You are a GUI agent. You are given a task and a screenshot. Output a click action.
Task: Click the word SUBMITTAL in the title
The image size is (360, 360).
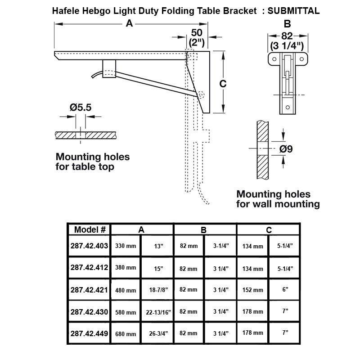point(294,11)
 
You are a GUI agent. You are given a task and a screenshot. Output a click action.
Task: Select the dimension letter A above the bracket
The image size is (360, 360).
point(130,24)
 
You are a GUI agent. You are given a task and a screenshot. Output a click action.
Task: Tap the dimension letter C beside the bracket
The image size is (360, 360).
point(222,84)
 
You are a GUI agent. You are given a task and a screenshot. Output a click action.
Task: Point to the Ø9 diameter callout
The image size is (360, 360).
point(286,148)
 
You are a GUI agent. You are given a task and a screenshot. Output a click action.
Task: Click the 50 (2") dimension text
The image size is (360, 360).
point(197,38)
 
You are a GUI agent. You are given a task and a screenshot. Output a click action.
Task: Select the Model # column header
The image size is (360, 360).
point(90,229)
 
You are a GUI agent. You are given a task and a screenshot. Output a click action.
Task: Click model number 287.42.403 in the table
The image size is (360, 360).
point(90,246)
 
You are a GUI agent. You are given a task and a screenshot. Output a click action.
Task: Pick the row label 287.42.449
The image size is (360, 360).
point(90,333)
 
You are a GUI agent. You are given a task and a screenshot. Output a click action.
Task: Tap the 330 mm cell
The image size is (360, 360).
point(126,246)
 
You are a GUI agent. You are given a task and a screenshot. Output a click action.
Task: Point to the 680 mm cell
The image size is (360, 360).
point(126,334)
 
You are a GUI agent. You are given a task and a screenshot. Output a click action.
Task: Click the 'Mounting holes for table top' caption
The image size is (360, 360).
point(92,162)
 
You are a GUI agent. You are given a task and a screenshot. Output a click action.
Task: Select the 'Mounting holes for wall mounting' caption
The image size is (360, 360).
point(278,199)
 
